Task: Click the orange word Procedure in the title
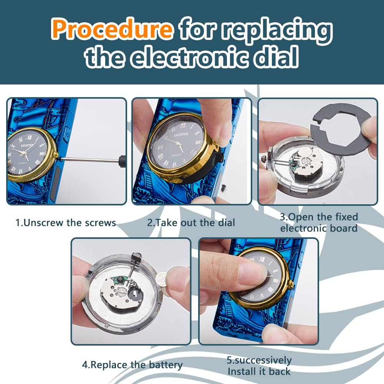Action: pyautogui.click(x=112, y=29)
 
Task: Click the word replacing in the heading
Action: pyautogui.click(x=277, y=31)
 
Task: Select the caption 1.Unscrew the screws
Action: pyautogui.click(x=66, y=223)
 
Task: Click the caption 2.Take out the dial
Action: pyautogui.click(x=191, y=223)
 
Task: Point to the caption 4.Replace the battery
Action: pyautogui.click(x=132, y=365)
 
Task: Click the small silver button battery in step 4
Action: pyautogui.click(x=162, y=277)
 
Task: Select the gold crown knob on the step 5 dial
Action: pyautogui.click(x=291, y=285)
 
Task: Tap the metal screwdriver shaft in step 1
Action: pyautogui.click(x=89, y=160)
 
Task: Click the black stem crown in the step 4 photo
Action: pyautogui.click(x=137, y=257)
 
